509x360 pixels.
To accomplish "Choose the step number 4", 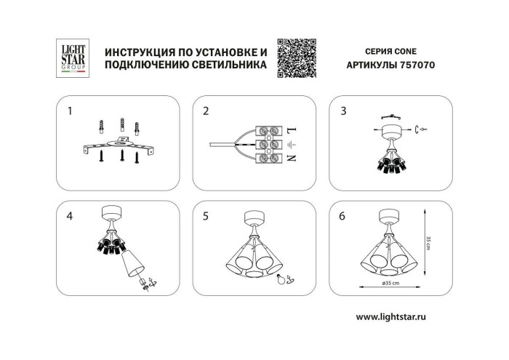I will pyautogui.click(x=70, y=216).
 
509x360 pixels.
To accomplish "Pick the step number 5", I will pyautogui.click(x=206, y=216).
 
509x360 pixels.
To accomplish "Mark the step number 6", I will pyautogui.click(x=342, y=216).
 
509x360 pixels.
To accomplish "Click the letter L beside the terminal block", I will pyautogui.click(x=291, y=130).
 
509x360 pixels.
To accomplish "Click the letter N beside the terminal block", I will pyautogui.click(x=291, y=157).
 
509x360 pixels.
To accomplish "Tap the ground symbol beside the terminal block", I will pyautogui.click(x=291, y=144).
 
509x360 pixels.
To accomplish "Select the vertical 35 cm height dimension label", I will pyautogui.click(x=430, y=241).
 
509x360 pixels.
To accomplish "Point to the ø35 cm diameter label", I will pyautogui.click(x=392, y=283).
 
